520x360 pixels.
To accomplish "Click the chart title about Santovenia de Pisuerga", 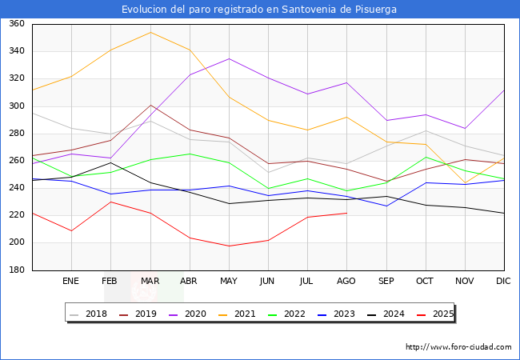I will [259, 10].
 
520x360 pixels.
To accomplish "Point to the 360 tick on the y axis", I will [16, 24].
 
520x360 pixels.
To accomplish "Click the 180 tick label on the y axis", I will [16, 270].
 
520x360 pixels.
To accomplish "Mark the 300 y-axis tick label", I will [16, 106].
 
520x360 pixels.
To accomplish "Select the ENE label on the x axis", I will [71, 282].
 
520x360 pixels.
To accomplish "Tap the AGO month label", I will [346, 282].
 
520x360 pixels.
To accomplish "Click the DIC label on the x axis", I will [503, 282].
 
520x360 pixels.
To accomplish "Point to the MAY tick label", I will [229, 282].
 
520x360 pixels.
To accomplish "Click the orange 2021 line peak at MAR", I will [150, 32].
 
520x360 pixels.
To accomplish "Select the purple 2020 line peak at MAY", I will [229, 58].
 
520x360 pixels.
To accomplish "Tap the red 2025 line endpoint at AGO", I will [346, 213].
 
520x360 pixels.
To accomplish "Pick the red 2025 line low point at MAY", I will [229, 246].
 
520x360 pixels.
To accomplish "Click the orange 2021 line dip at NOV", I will [464, 183].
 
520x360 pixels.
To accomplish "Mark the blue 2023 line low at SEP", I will [386, 206].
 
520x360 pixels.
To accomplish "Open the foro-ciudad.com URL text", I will [458, 347].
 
